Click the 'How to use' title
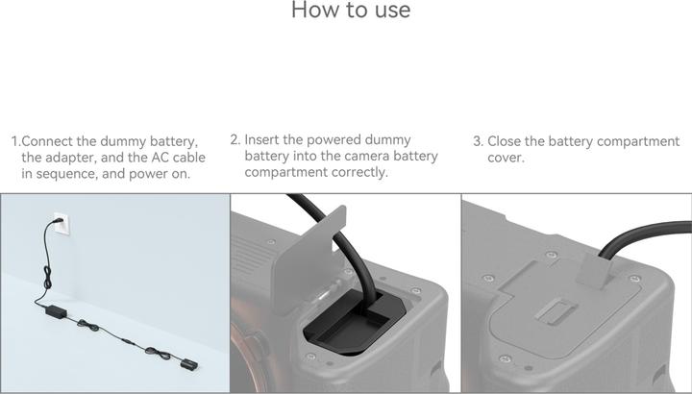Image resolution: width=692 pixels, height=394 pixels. click(x=350, y=11)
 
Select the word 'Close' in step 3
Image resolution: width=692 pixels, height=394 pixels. click(x=506, y=141)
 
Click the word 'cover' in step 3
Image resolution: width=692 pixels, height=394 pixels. click(x=505, y=158)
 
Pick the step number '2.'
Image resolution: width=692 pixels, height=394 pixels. click(x=235, y=140)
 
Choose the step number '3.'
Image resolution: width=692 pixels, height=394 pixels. click(x=478, y=141)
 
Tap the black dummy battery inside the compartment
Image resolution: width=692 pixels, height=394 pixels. click(x=351, y=327)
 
